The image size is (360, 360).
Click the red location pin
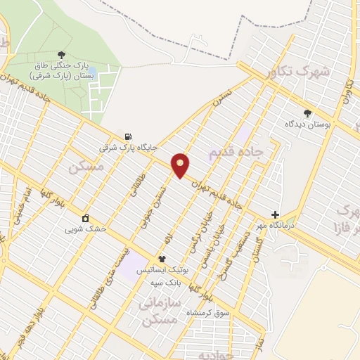click(x=181, y=164)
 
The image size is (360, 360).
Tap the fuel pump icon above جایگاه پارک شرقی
click(x=127, y=136)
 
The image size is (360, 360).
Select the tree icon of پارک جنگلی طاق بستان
click(x=62, y=54)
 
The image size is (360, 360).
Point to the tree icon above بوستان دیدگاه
click(x=307, y=112)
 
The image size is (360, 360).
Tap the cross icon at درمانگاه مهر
click(x=275, y=214)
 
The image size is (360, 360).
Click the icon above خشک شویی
click(x=85, y=218)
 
